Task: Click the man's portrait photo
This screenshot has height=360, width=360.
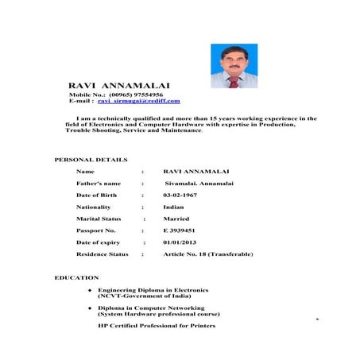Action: click(x=234, y=66)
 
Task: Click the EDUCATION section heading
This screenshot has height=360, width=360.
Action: click(x=76, y=278)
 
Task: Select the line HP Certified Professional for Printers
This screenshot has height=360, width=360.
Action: click(x=157, y=326)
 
